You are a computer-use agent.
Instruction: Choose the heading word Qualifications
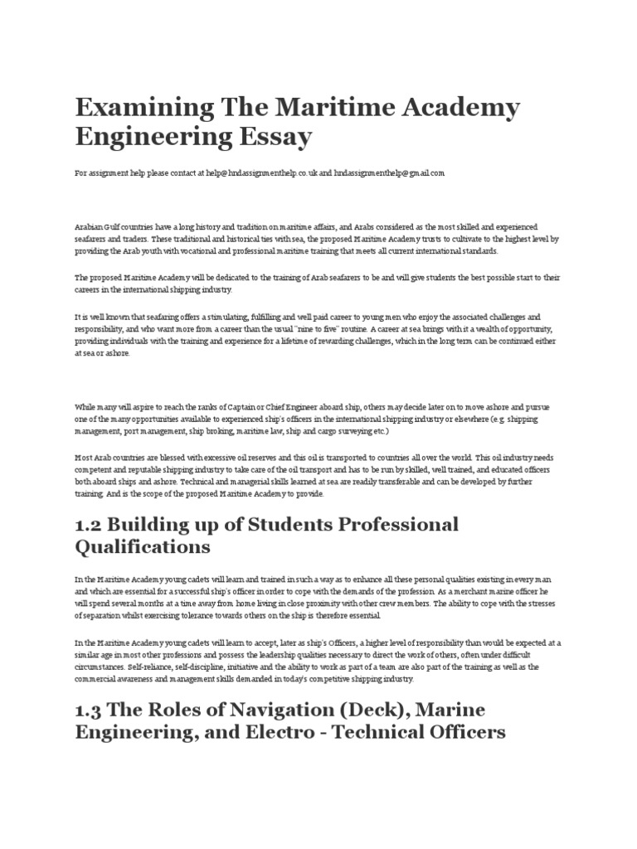(x=143, y=548)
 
